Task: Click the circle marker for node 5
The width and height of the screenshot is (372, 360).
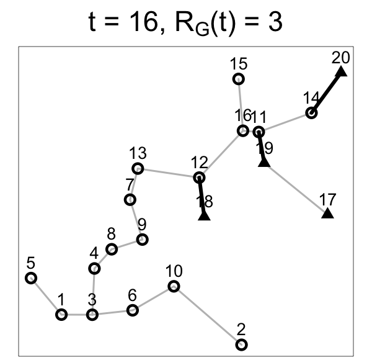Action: click(x=30, y=278)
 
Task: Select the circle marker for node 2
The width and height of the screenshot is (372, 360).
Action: click(x=241, y=344)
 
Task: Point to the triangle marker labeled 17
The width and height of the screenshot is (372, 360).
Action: click(x=327, y=214)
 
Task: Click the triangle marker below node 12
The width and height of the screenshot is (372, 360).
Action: click(x=204, y=215)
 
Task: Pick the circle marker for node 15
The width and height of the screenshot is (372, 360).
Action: click(x=238, y=79)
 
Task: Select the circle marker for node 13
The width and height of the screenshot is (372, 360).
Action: click(x=138, y=168)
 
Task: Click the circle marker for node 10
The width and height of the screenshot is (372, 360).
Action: click(x=174, y=286)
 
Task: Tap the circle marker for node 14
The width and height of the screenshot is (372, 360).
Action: click(x=311, y=113)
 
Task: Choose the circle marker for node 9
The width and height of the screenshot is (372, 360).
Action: click(x=142, y=239)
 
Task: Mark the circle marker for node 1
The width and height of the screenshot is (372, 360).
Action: click(x=61, y=315)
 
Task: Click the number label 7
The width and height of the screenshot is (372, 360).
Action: click(x=130, y=185)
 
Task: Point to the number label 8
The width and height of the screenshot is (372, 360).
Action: click(x=112, y=235)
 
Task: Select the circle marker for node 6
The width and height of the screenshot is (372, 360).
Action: click(x=132, y=310)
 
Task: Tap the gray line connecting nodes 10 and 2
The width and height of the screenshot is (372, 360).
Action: click(x=207, y=315)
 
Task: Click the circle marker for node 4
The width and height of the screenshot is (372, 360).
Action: click(x=94, y=268)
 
